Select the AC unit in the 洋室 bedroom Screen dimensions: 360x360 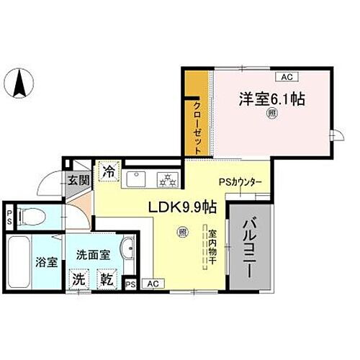click(286, 76)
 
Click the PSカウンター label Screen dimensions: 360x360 click(240, 182)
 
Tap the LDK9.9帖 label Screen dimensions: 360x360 click(182, 207)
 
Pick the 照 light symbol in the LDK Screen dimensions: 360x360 click(184, 231)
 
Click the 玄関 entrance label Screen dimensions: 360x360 click(78, 181)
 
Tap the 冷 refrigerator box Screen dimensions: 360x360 click(108, 172)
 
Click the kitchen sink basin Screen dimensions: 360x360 click(136, 178)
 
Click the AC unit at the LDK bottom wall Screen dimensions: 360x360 click(151, 284)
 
